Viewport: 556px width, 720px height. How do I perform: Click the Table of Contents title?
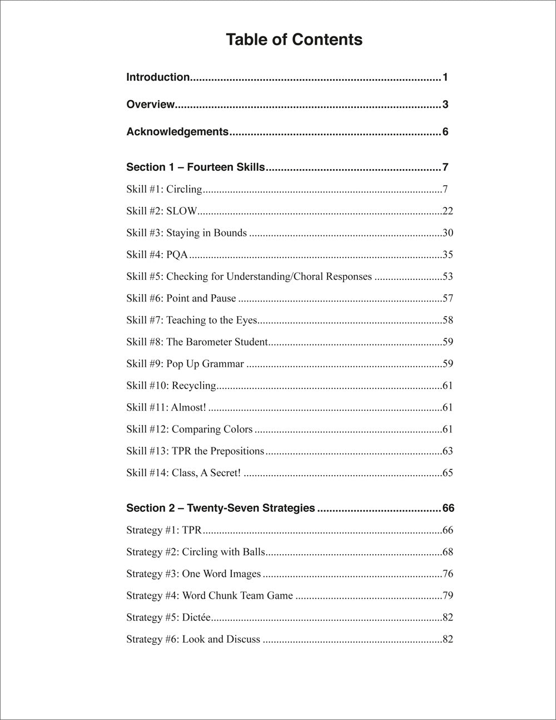[294, 40]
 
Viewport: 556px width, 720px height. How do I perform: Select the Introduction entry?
[158, 77]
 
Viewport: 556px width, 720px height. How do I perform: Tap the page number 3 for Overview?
[445, 105]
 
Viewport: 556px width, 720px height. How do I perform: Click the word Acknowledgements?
[177, 132]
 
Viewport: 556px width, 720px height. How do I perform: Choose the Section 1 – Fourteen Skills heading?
[195, 167]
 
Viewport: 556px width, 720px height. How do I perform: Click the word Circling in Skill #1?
[184, 189]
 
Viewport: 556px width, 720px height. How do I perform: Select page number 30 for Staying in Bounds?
[448, 233]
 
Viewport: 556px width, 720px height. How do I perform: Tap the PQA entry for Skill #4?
[177, 255]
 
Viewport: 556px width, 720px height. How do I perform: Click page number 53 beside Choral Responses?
[448, 277]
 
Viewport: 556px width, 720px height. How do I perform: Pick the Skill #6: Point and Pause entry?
[181, 298]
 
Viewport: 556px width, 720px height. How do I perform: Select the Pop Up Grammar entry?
[185, 364]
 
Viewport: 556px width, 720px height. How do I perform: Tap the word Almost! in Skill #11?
[188, 407]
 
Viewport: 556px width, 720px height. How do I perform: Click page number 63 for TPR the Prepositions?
[448, 451]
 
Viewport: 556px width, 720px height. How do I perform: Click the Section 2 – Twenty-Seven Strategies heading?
[220, 508]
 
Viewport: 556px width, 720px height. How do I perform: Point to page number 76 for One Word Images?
[448, 574]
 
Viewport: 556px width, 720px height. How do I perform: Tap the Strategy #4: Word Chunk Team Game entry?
[209, 595]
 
